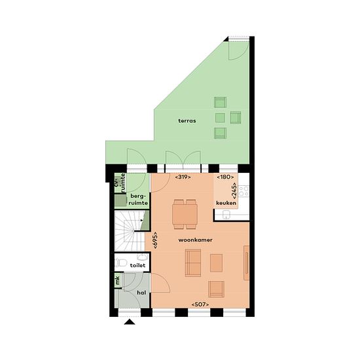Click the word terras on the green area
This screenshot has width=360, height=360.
[187, 121]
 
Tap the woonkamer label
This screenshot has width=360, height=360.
[196, 240]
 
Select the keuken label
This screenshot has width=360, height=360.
[226, 203]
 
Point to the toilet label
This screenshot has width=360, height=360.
[137, 265]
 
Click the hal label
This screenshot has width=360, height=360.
[141, 293]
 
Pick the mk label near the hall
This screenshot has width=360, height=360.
[118, 281]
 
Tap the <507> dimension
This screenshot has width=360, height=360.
[200, 304]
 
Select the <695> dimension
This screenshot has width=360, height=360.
[155, 240]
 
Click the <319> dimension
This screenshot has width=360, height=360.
[183, 177]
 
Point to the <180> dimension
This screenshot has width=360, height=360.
[225, 177]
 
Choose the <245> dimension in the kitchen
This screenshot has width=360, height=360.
[234, 190]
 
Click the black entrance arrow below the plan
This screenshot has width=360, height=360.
[130, 322]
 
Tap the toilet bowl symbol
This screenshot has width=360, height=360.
[121, 262]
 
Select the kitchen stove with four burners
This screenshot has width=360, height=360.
[243, 191]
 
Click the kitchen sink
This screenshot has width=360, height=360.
[226, 215]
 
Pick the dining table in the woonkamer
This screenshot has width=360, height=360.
[185, 215]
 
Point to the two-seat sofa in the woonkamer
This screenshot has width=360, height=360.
[193, 263]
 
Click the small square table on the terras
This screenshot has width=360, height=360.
[220, 118]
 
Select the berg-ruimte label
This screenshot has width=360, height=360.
[138, 200]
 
